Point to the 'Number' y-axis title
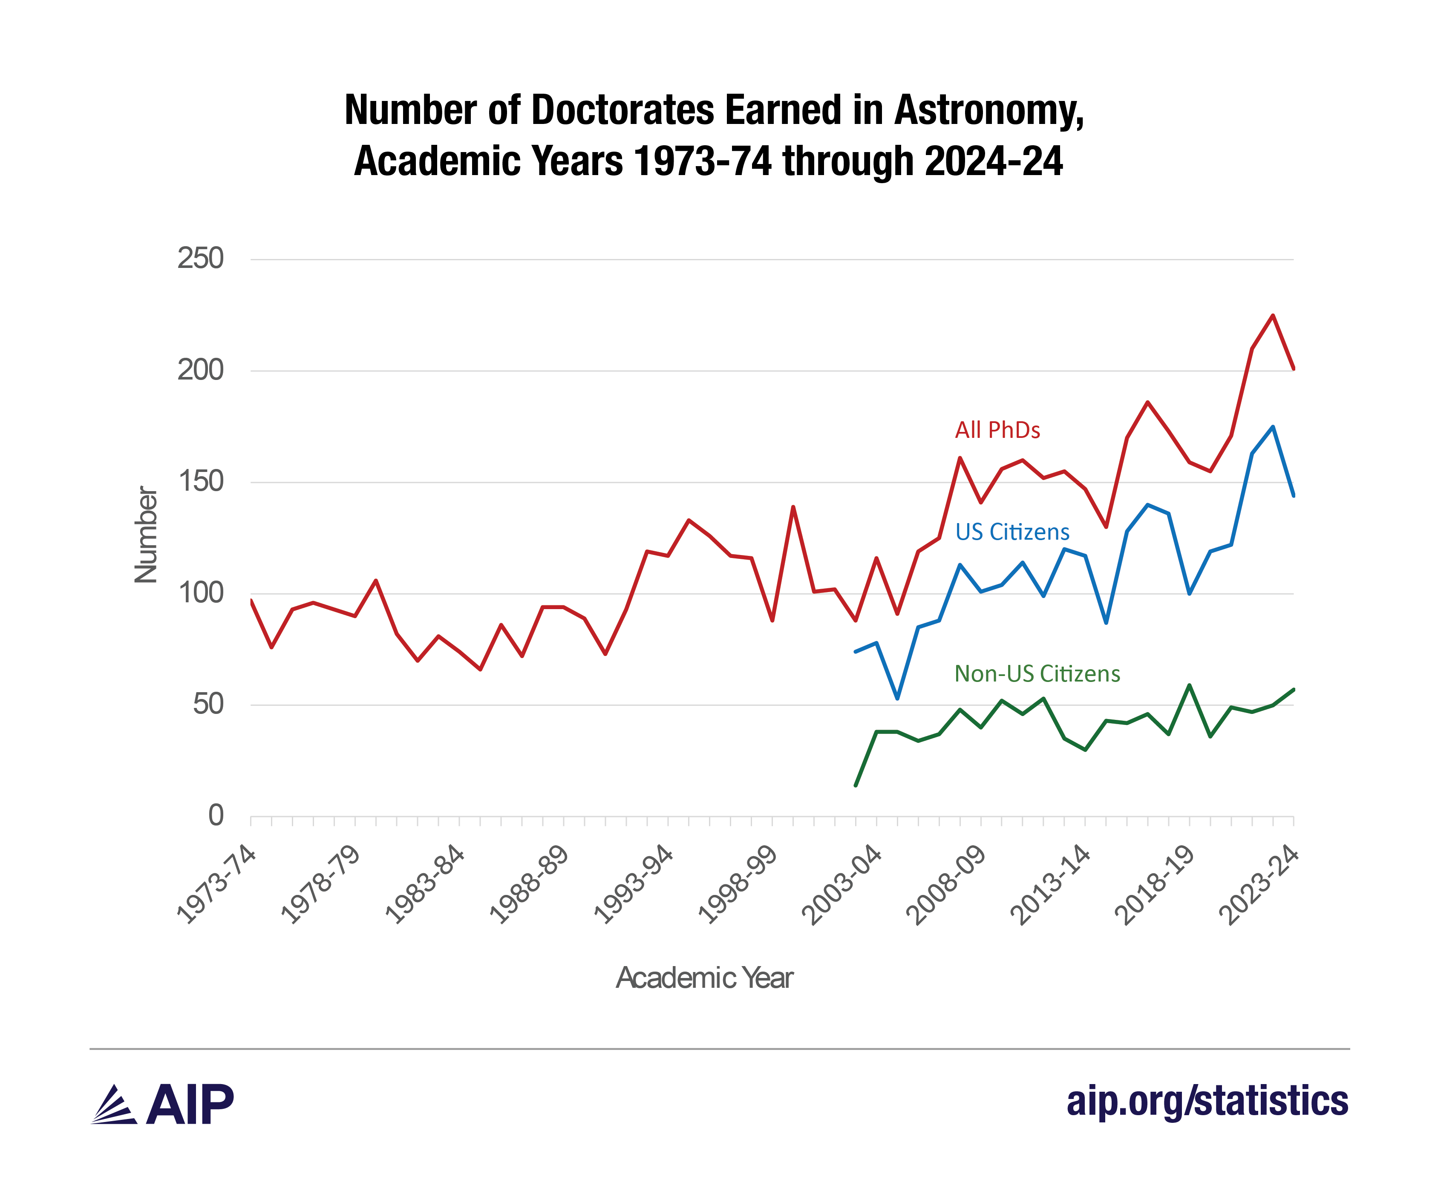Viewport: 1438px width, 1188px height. click(x=146, y=535)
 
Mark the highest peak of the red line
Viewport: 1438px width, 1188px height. click(x=1272, y=316)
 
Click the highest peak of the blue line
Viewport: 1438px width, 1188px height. click(x=1272, y=427)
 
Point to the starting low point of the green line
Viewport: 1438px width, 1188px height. click(x=856, y=785)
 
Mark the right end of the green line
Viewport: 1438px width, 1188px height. click(x=1293, y=689)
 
